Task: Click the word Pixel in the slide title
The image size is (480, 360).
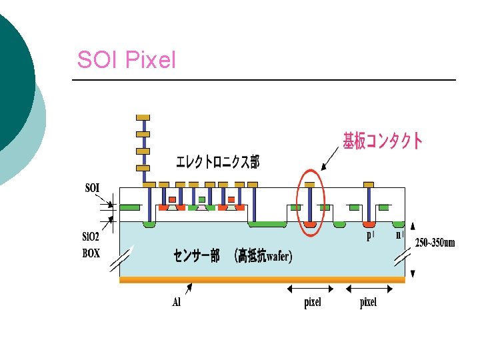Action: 151,61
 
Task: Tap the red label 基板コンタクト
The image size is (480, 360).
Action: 382,141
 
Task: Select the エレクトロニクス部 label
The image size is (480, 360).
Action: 217,162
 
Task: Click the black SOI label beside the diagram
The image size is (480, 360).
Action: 92,188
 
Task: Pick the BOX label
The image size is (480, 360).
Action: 91,253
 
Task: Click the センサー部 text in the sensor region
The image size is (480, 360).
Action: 196,257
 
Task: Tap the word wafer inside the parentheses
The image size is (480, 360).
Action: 278,257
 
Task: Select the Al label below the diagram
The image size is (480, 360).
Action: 176,302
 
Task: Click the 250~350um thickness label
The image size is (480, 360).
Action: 435,242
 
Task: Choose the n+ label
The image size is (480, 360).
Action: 399,235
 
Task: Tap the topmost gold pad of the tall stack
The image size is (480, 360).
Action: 143,117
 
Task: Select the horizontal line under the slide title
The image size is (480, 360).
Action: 263,80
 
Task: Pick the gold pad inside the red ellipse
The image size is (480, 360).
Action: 309,184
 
